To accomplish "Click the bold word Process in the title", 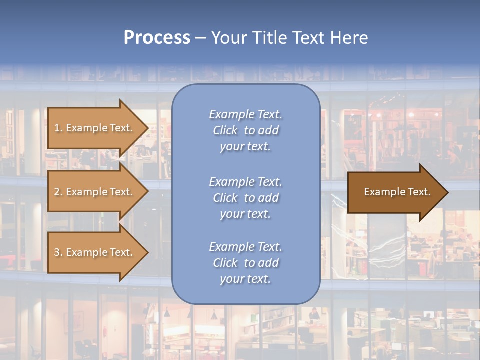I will pyautogui.click(x=157, y=38).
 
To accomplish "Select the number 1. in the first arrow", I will pyautogui.click(x=58, y=128).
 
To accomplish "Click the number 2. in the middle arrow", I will pyautogui.click(x=58, y=192).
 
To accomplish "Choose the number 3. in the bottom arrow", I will pyautogui.click(x=58, y=252).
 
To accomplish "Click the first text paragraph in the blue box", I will pyautogui.click(x=245, y=130).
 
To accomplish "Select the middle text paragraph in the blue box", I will pyautogui.click(x=245, y=198).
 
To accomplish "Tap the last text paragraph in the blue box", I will pyautogui.click(x=245, y=263).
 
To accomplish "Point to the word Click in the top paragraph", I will pyautogui.click(x=225, y=130).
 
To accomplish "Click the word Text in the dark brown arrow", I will pyautogui.click(x=420, y=192).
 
